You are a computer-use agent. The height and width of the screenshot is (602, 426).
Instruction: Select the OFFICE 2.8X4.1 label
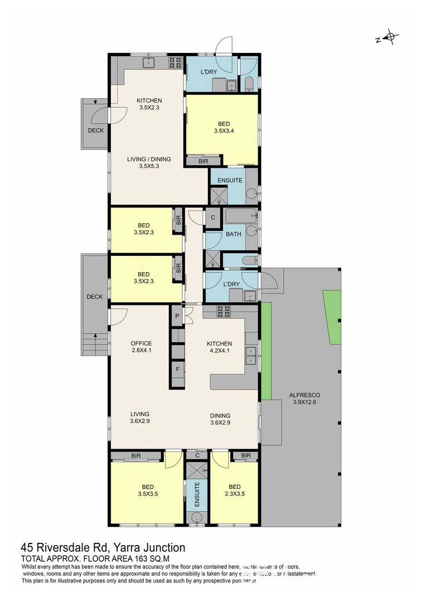141,347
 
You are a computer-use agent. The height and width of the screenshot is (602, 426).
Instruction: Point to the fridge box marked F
177,369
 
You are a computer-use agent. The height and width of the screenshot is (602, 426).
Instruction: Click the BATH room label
234,234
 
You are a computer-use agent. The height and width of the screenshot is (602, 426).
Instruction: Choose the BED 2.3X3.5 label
235,490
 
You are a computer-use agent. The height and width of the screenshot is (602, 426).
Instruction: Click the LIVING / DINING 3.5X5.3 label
149,162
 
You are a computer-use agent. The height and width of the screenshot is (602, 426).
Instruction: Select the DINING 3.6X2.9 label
220,419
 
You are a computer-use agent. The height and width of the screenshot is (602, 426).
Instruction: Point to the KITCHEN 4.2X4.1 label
219,347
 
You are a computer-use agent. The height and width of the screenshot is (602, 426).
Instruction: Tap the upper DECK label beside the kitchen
95,130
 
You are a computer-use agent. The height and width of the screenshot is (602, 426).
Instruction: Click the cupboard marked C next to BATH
212,217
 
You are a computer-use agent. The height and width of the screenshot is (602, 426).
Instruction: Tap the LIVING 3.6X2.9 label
140,417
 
